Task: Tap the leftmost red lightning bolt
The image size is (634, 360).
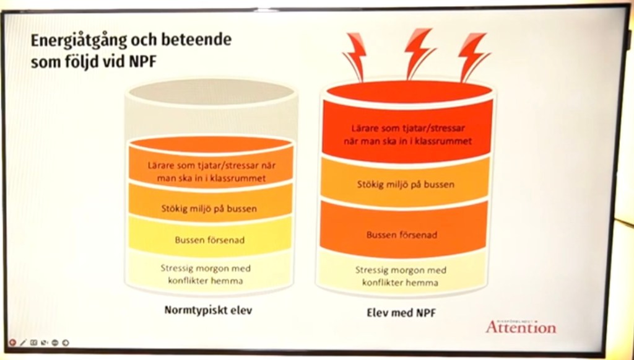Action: click(x=355, y=56)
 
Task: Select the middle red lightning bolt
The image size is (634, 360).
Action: click(x=418, y=52)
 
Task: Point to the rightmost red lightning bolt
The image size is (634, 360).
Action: click(x=473, y=56)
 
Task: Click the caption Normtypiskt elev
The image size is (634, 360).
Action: click(x=209, y=310)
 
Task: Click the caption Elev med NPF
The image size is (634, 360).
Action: click(x=401, y=313)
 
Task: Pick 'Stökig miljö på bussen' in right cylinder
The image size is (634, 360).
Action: click(x=406, y=184)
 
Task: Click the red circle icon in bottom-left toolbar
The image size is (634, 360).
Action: click(x=12, y=342)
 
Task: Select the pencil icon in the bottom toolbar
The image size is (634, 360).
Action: click(x=23, y=342)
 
